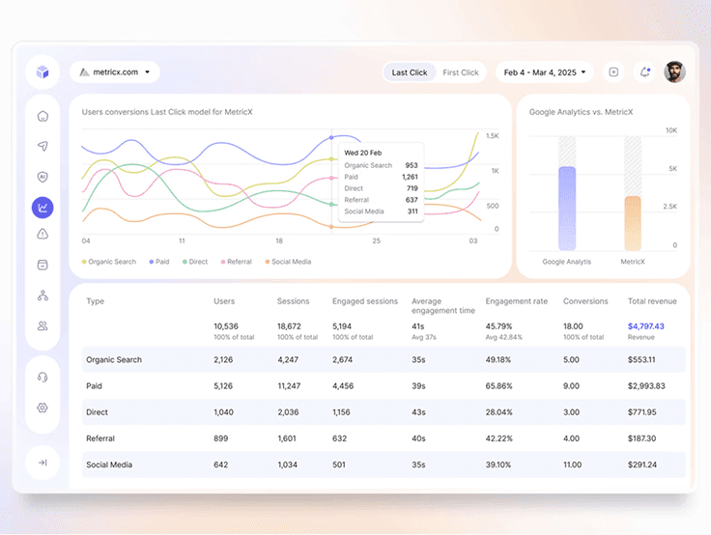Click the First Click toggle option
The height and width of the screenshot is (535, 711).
(x=461, y=72)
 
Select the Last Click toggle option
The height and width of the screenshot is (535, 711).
(x=410, y=72)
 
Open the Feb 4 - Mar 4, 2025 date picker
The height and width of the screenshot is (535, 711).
(x=543, y=72)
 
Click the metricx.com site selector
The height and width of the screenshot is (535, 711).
(x=115, y=71)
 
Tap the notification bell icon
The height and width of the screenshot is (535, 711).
(x=644, y=72)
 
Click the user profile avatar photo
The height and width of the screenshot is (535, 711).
(x=675, y=72)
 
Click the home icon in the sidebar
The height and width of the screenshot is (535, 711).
(x=43, y=117)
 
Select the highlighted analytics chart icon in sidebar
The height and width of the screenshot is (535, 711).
(x=43, y=207)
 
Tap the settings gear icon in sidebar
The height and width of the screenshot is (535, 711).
(x=43, y=408)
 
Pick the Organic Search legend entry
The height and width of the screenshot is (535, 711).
(x=109, y=262)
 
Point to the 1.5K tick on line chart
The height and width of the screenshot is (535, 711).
(x=492, y=136)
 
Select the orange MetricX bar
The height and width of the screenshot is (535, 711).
(x=633, y=224)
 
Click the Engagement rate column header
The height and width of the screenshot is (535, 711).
(x=516, y=301)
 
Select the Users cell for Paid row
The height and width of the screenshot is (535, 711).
(x=223, y=386)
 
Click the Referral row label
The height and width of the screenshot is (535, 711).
(x=100, y=438)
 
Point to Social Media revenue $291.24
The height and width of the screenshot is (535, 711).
(x=641, y=465)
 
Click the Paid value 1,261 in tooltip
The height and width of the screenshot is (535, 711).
(x=409, y=177)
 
